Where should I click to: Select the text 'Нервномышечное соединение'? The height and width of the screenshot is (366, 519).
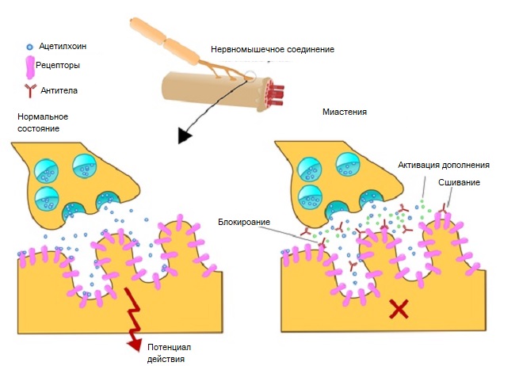pos(272,49)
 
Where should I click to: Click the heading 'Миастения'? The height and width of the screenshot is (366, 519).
pos(345,112)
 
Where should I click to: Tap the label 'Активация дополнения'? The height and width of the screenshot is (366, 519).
pos(444,166)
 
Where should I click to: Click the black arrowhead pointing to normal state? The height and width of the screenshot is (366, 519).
pos(185,135)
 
